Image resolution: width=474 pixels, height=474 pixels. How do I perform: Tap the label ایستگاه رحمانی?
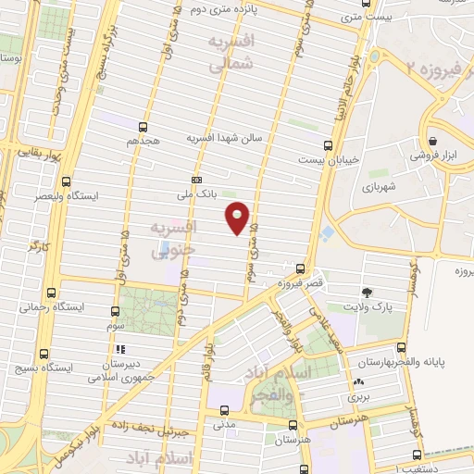52,306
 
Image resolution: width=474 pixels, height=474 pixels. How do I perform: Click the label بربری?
357,396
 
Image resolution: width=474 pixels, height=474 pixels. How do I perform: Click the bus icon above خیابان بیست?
328,144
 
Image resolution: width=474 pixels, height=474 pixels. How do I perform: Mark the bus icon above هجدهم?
143,127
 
